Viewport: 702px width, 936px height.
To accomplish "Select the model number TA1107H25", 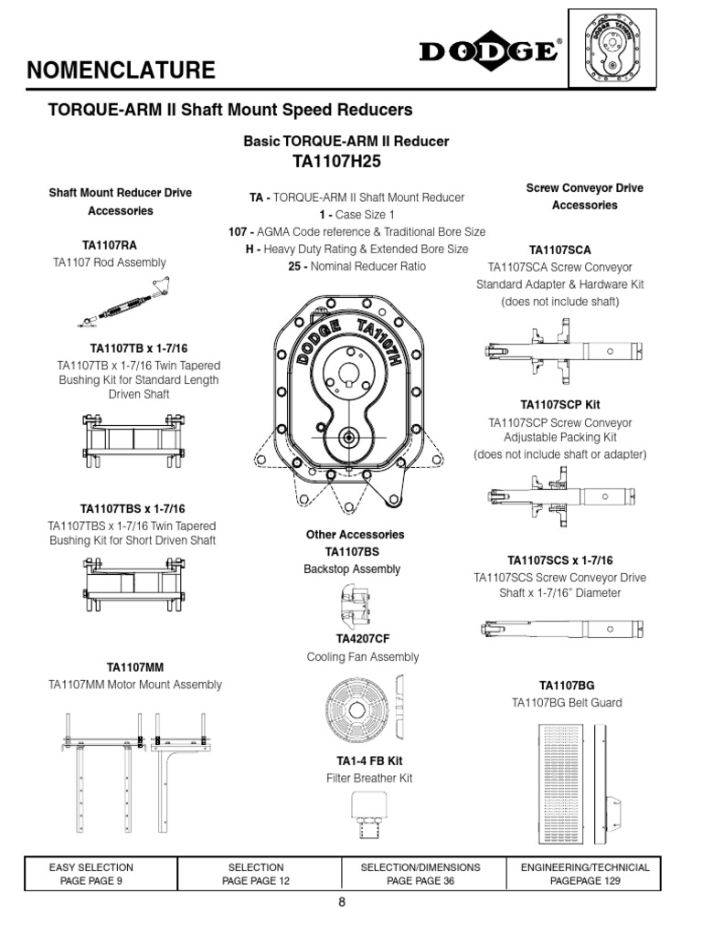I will [345, 162].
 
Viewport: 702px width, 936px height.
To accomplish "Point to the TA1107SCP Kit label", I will [559, 404].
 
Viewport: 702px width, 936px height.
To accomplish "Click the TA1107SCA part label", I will [560, 250].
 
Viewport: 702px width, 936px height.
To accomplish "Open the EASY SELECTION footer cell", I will [90, 874].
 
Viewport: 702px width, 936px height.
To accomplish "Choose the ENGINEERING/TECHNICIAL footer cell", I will [585, 874].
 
